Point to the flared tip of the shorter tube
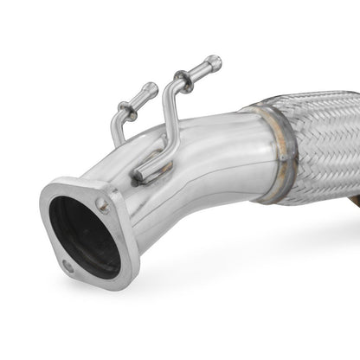(x=151, y=87)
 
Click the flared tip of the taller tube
(x=215, y=61)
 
